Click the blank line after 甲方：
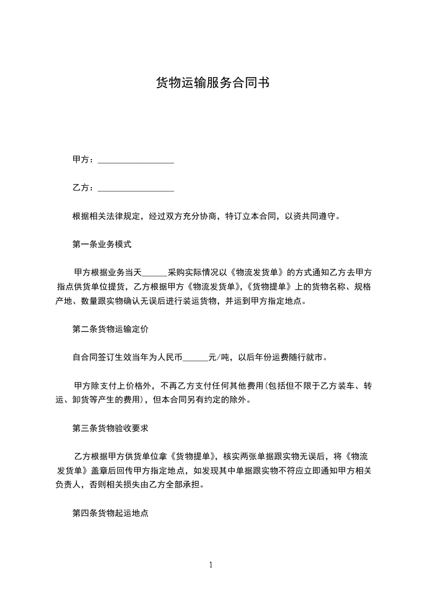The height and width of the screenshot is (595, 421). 136,160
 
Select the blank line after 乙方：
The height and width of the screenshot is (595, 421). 136,188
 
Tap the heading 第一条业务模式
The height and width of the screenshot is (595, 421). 101,244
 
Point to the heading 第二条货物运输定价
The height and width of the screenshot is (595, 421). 110,329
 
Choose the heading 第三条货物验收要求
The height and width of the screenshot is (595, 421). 110,427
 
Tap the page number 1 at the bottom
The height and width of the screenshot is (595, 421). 211,565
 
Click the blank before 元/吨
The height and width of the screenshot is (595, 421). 195,357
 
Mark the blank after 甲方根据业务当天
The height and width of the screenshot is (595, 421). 156,273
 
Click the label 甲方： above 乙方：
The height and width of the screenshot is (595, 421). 83,160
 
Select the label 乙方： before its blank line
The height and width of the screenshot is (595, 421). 83,188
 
